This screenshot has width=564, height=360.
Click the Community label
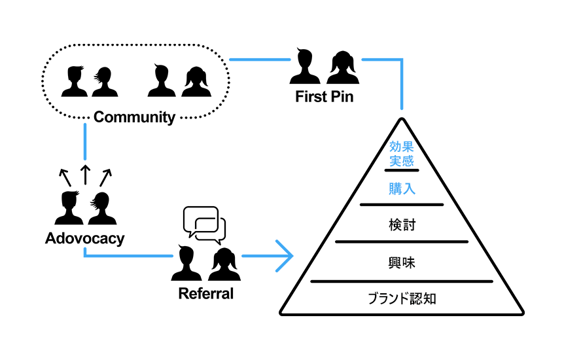coord(134,118)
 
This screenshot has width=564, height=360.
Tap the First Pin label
coord(325,98)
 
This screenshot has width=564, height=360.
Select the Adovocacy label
coord(84,238)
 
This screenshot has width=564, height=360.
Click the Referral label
coord(205,293)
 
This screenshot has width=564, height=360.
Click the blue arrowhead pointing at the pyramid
coord(284,255)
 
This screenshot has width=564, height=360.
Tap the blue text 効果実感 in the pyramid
coord(402,154)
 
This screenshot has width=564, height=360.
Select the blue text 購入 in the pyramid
coord(402,189)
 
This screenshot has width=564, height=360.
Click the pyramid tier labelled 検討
coord(402,225)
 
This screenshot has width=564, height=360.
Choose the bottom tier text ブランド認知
coord(402,299)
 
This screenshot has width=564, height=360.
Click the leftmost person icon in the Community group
coord(74,81)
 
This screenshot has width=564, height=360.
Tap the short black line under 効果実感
coord(402,170)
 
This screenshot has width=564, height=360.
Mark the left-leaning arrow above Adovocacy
coord(63,176)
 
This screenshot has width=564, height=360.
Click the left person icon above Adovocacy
coord(68,208)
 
